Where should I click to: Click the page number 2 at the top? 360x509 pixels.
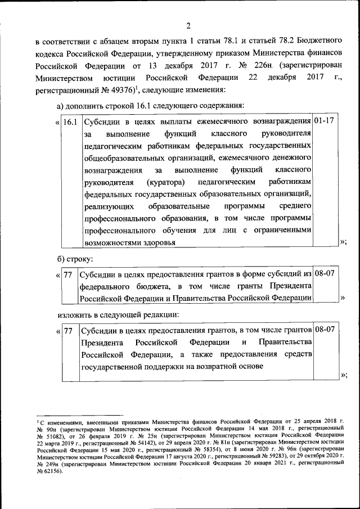(188, 25)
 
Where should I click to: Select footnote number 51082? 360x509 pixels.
(54, 435)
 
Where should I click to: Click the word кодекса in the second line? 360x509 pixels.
(49, 53)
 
